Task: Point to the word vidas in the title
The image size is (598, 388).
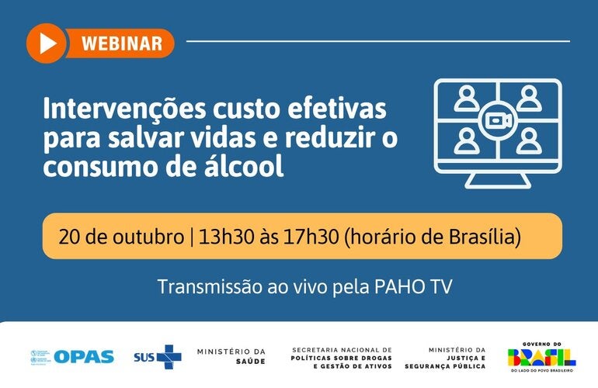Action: click(210, 137)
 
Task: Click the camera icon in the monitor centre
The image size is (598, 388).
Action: click(497, 120)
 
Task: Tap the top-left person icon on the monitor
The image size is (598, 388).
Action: click(466, 99)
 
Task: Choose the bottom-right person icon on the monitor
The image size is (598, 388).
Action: click(528, 140)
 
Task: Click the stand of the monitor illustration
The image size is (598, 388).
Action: click(497, 179)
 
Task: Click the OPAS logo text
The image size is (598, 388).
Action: click(84, 357)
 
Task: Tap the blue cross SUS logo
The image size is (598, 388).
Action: click(168, 357)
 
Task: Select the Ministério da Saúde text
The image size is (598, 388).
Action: click(231, 356)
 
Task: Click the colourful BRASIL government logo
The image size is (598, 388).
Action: click(541, 357)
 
